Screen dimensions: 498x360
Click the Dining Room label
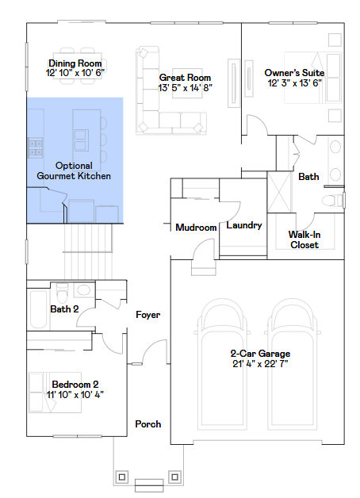(x=75, y=63)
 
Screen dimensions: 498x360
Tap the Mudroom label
(x=196, y=228)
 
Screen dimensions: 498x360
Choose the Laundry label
(x=243, y=225)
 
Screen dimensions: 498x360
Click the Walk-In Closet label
(x=304, y=239)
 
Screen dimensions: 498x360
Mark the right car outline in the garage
(x=295, y=349)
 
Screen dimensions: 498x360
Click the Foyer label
(x=147, y=315)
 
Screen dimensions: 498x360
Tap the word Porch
(x=147, y=424)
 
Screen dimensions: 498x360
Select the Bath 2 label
(x=64, y=309)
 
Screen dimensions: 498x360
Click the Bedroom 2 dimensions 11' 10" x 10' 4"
(x=75, y=394)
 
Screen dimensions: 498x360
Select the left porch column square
(x=122, y=477)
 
